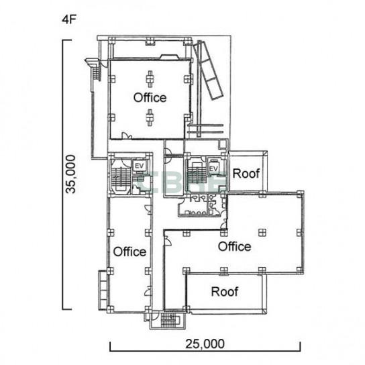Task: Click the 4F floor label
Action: pos(69,19)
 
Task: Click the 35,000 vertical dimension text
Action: pos(70,174)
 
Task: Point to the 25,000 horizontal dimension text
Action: pos(205,344)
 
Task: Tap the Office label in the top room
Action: pos(150,97)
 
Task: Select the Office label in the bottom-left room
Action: pos(129,252)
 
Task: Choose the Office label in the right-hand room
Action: pos(235,246)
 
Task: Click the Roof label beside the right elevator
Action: pos(246,173)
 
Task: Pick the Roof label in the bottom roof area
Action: pos(225,291)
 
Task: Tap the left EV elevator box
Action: pos(139,166)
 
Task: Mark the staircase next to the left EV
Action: pos(121,178)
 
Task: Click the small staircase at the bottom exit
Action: pos(169,320)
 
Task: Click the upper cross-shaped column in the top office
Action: pos(150,79)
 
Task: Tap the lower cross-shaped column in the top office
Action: pos(150,117)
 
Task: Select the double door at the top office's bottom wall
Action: pos(127,136)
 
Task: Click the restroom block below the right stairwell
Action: pos(203,205)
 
